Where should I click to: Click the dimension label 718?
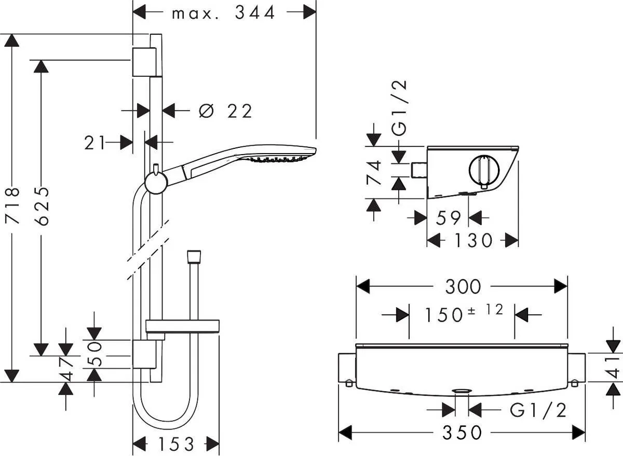(x=13, y=205)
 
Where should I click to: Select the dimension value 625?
(x=43, y=205)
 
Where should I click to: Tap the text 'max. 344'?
(x=223, y=12)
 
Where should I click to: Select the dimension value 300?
(x=462, y=286)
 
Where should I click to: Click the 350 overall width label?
(x=462, y=432)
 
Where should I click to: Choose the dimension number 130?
(x=472, y=240)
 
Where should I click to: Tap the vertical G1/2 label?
(x=400, y=107)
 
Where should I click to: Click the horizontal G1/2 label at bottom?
(x=538, y=410)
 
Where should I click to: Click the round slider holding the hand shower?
(x=155, y=182)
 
